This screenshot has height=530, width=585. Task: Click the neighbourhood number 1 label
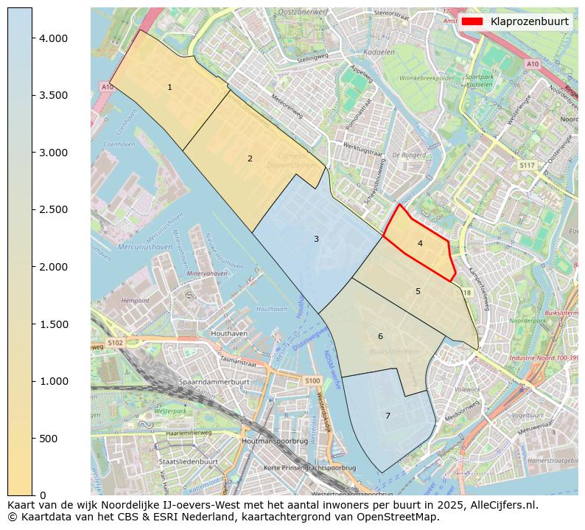click(169, 87)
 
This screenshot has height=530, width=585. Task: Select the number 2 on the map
click(250, 158)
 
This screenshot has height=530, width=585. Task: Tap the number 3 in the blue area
click(316, 239)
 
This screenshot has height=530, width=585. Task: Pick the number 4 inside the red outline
click(420, 243)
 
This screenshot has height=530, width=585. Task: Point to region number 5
click(418, 291)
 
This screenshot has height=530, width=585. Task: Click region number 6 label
click(380, 336)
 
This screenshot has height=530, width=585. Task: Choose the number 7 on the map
click(388, 416)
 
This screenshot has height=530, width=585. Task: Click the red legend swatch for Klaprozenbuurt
click(473, 21)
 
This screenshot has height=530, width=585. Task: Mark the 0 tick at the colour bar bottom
click(43, 495)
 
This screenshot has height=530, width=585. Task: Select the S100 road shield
click(312, 380)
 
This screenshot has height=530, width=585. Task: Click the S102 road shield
click(115, 343)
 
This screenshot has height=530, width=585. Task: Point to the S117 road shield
click(526, 165)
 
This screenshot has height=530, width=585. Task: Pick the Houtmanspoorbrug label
click(274, 441)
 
